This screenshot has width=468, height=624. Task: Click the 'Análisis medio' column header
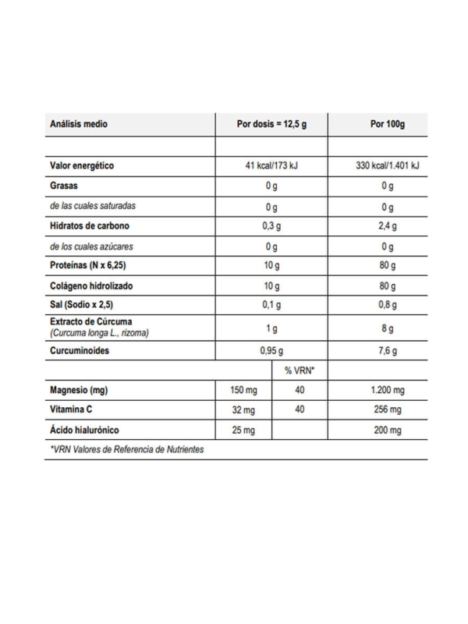click(x=79, y=124)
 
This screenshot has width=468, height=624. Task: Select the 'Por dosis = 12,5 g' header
click(x=271, y=124)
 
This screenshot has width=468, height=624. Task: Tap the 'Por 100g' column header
click(x=388, y=124)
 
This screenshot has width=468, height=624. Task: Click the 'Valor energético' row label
click(x=83, y=166)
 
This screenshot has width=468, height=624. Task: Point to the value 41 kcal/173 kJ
click(x=271, y=166)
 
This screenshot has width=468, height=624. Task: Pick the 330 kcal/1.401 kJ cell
click(x=388, y=166)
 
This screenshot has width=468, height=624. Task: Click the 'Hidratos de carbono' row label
click(x=90, y=227)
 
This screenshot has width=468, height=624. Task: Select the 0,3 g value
click(x=271, y=227)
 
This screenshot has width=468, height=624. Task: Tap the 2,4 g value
click(x=388, y=227)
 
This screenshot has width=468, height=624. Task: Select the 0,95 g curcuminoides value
click(x=271, y=352)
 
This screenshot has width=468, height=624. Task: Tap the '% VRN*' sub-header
click(x=300, y=371)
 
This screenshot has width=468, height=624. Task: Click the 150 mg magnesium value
click(x=244, y=390)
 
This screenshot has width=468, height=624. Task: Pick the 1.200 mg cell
click(x=388, y=390)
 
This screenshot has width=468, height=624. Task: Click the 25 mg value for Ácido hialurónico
click(x=244, y=430)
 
